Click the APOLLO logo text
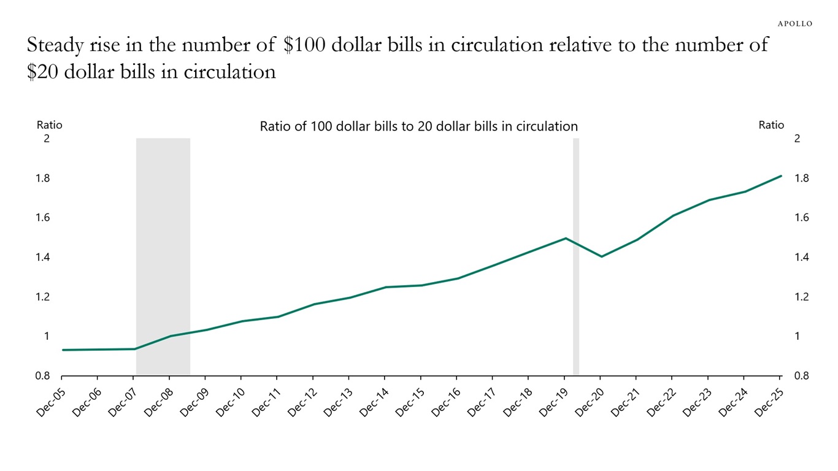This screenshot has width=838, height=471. (795, 23)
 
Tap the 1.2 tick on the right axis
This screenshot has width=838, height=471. (802, 297)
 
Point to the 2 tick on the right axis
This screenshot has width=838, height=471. (797, 139)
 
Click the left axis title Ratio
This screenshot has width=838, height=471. (49, 125)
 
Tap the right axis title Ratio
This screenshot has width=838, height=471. (771, 125)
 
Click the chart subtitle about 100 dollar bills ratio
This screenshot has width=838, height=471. (419, 126)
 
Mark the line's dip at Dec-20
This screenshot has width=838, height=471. (601, 256)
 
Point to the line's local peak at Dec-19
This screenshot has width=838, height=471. (566, 238)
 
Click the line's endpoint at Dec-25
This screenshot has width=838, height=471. (781, 176)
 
